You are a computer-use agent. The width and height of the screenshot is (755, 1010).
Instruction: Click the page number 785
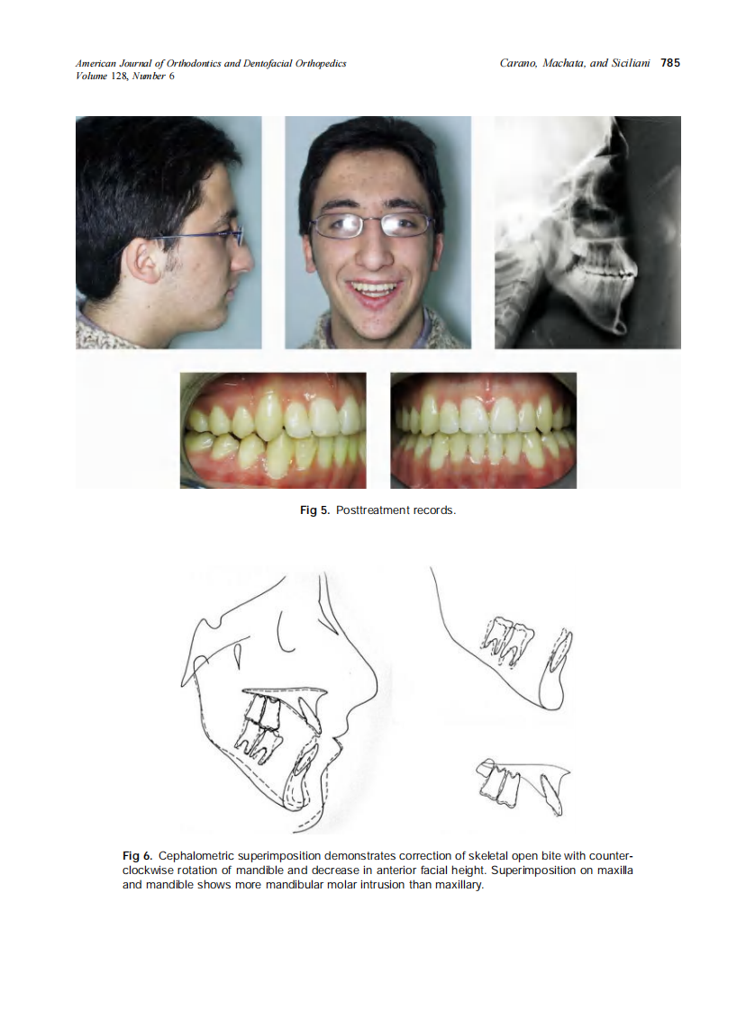coord(669,63)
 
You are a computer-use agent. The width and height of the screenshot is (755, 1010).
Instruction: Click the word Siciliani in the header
coord(624,63)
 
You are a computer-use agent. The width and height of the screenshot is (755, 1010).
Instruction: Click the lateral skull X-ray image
coord(587,232)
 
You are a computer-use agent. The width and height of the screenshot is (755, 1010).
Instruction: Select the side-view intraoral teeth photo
coord(273,430)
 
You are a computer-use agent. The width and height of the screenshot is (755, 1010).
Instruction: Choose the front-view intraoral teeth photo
coord(483,430)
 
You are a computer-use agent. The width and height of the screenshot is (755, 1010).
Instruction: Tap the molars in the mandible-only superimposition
coord(508,639)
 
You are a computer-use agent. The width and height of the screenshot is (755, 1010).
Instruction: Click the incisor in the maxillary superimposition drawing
coord(551,792)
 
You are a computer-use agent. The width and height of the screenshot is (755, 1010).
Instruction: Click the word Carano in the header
coord(519,63)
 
